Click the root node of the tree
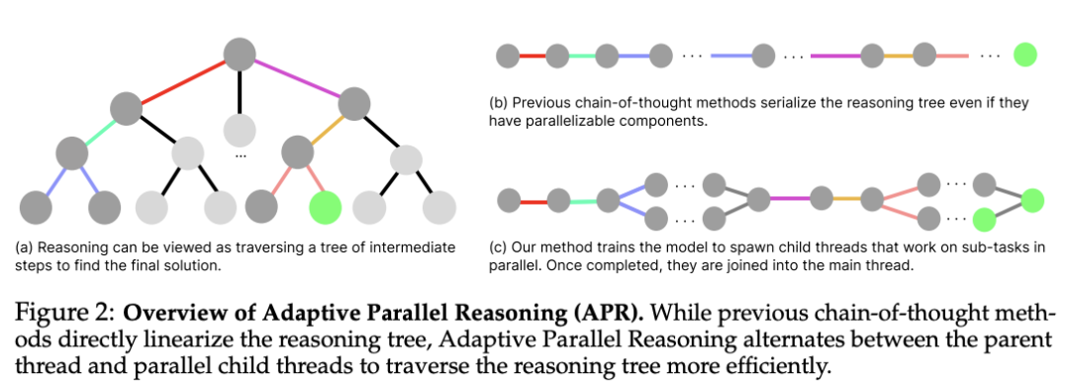(240, 54)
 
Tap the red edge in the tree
(183, 81)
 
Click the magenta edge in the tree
(297, 77)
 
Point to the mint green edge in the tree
(99, 131)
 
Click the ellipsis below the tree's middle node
(240, 156)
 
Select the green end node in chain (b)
(1024, 55)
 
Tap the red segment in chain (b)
(533, 55)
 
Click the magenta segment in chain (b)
(835, 55)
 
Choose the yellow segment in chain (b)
(899, 55)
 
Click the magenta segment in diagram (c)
(790, 199)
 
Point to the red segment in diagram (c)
(534, 202)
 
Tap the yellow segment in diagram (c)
(846, 199)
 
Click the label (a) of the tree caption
(24, 246)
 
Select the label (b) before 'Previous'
(498, 104)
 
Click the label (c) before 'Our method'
(498, 246)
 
